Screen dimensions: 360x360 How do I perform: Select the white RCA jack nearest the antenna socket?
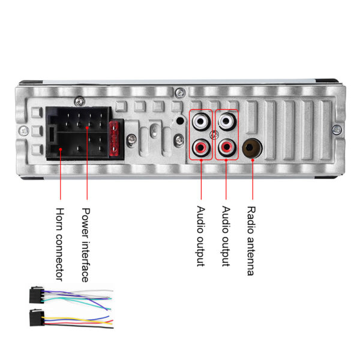tap(226, 121)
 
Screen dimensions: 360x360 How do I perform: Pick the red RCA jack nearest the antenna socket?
tap(226, 147)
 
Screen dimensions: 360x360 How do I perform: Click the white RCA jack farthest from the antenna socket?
tap(201, 121)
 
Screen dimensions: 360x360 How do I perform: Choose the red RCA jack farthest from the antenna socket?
tap(201, 147)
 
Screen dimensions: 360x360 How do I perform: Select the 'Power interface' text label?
tap(86, 244)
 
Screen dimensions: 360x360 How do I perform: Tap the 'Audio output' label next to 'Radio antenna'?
tap(226, 236)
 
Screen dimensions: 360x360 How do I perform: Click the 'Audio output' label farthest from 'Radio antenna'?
tap(200, 236)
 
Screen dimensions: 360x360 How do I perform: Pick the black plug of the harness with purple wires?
tap(35, 296)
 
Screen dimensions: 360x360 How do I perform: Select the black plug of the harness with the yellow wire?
tap(35, 317)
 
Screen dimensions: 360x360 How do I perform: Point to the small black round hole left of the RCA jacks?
tap(180, 121)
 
